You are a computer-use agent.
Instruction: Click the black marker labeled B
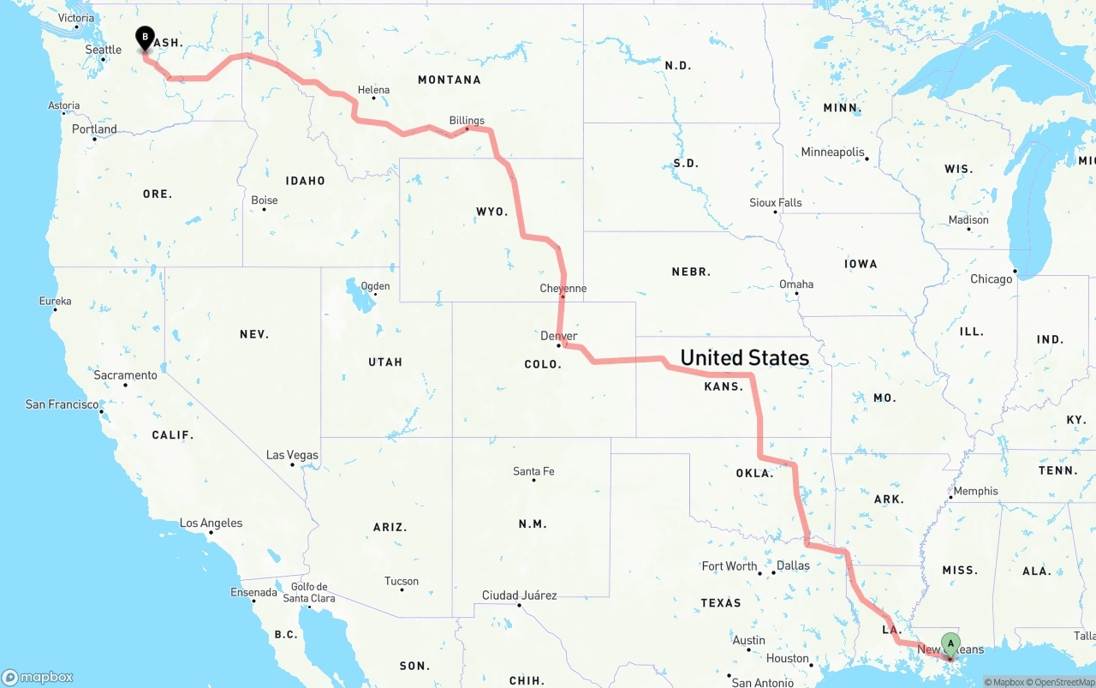coord(146,39)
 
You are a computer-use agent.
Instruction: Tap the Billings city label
coord(467,121)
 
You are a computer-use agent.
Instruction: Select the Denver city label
coord(559,336)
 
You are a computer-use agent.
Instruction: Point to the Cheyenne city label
coord(563,288)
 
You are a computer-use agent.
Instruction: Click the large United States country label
coord(744,357)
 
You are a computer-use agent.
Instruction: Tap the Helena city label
coord(373,90)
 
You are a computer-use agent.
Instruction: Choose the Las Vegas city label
coord(292,455)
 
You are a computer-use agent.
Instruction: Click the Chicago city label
coord(991,278)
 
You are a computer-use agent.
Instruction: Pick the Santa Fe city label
coord(533,471)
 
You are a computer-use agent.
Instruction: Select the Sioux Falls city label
coord(776,203)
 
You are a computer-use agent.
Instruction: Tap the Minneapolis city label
coord(833,152)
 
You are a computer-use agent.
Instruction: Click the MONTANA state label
coord(449,80)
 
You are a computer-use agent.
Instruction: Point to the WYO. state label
coord(492,211)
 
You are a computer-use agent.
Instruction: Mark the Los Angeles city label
coord(211,523)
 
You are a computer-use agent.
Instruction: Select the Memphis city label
coord(975,491)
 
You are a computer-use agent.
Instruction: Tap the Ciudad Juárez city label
coord(519,595)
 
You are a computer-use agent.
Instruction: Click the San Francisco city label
coord(62,404)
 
